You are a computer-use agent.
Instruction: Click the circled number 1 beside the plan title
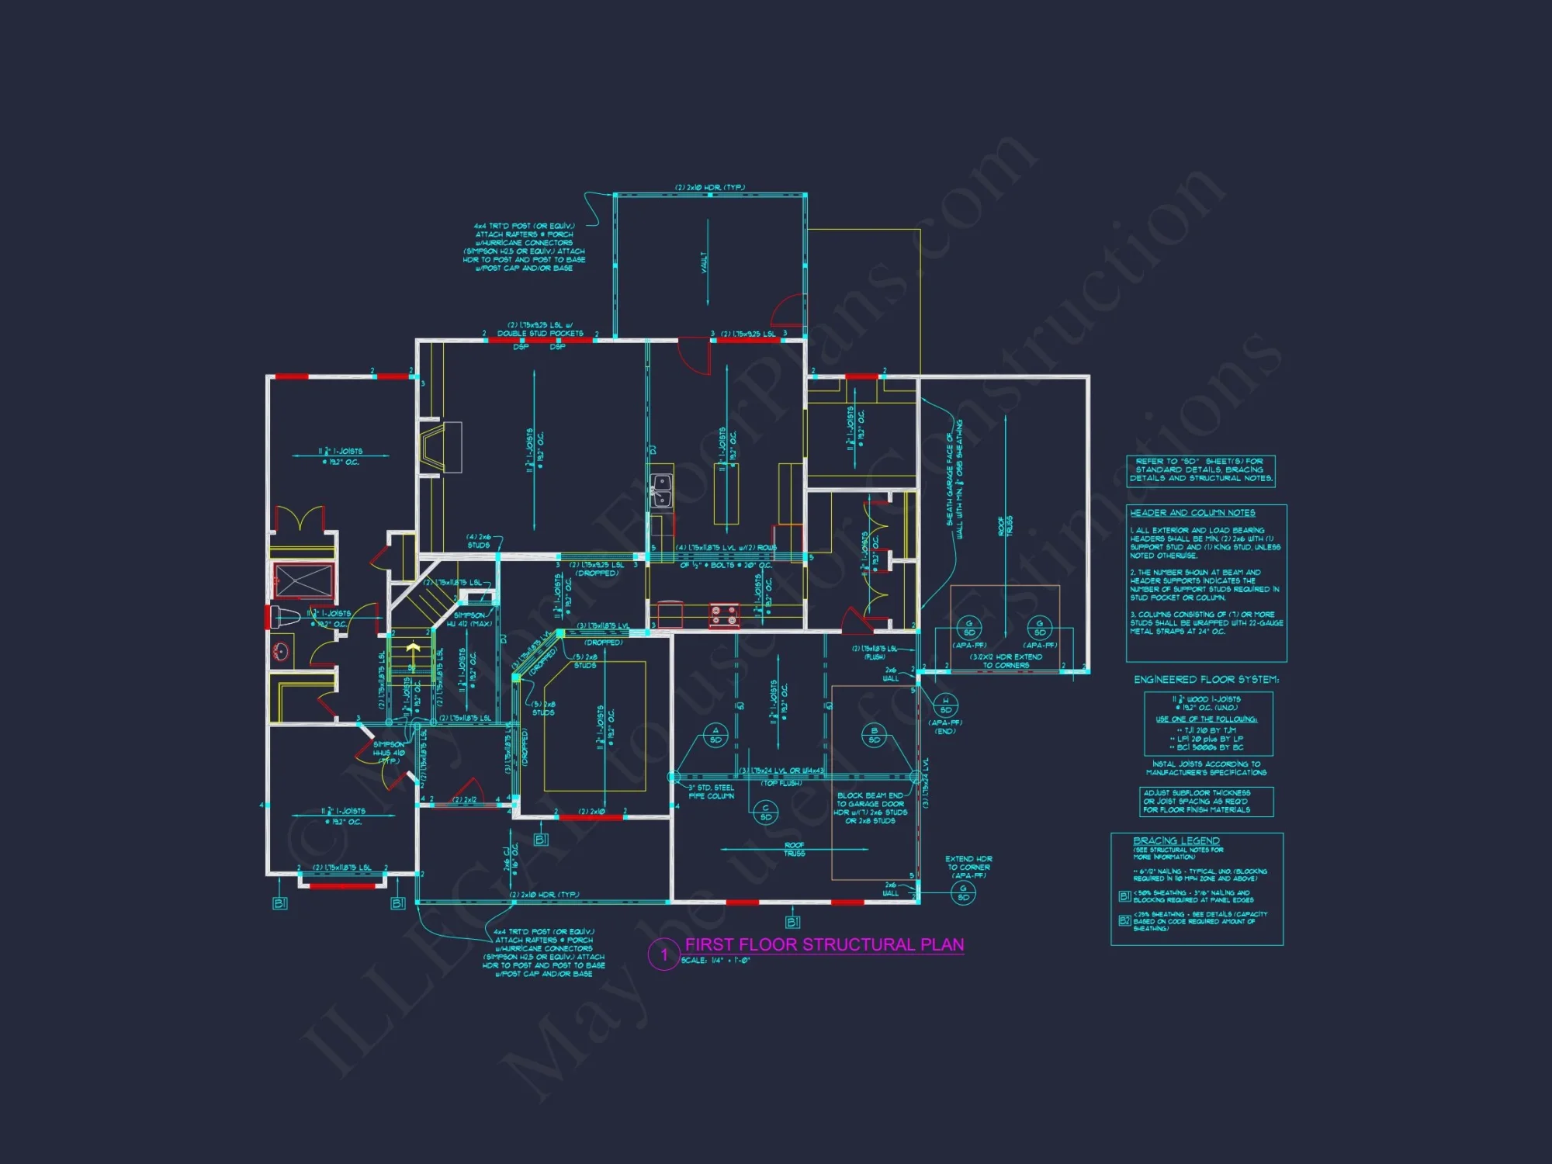click(663, 954)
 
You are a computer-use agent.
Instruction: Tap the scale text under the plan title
click(715, 961)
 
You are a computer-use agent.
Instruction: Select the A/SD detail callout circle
click(715, 735)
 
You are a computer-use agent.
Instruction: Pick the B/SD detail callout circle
click(874, 735)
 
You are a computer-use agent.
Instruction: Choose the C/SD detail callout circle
click(765, 812)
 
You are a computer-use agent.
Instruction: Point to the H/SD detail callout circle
click(945, 705)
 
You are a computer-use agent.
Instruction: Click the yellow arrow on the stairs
click(413, 648)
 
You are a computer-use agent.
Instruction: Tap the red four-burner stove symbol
click(724, 616)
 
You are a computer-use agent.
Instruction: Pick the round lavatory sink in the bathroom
click(281, 650)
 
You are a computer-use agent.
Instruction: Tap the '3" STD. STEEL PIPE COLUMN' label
click(711, 792)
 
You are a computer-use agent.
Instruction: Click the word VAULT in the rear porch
click(705, 262)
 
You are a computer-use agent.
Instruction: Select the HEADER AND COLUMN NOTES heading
click(1192, 513)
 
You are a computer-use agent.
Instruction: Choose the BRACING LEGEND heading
click(1176, 840)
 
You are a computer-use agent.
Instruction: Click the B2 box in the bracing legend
click(1124, 920)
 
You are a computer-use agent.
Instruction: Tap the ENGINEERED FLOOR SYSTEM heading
click(1206, 680)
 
